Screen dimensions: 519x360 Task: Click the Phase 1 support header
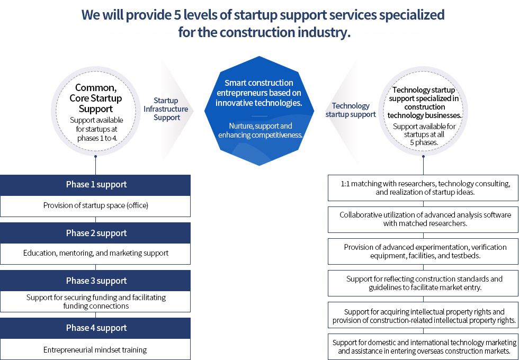(95, 185)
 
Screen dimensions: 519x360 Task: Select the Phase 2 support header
(95, 233)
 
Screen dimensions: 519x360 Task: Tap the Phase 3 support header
(95, 281)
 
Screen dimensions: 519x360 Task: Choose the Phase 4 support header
(95, 328)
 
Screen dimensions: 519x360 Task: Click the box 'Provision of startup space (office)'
(95, 206)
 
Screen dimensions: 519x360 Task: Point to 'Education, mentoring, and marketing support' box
(95, 254)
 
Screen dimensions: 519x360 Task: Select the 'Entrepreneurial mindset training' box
(95, 349)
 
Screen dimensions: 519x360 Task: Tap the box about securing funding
(95, 301)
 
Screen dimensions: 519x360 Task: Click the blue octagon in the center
(259, 111)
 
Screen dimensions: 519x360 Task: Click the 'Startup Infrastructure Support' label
(166, 109)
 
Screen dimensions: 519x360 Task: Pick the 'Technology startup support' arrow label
(351, 110)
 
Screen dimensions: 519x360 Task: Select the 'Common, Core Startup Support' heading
(96, 98)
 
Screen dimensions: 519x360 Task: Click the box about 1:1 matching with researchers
(423, 188)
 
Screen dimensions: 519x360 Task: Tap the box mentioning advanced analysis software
(423, 219)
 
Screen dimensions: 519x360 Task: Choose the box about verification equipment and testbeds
(423, 251)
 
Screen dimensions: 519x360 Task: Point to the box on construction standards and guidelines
(423, 283)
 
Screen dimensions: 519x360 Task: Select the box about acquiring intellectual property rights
(423, 315)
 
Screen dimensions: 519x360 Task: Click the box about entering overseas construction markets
(423, 346)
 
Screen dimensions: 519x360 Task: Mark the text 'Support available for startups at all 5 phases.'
(424, 134)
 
